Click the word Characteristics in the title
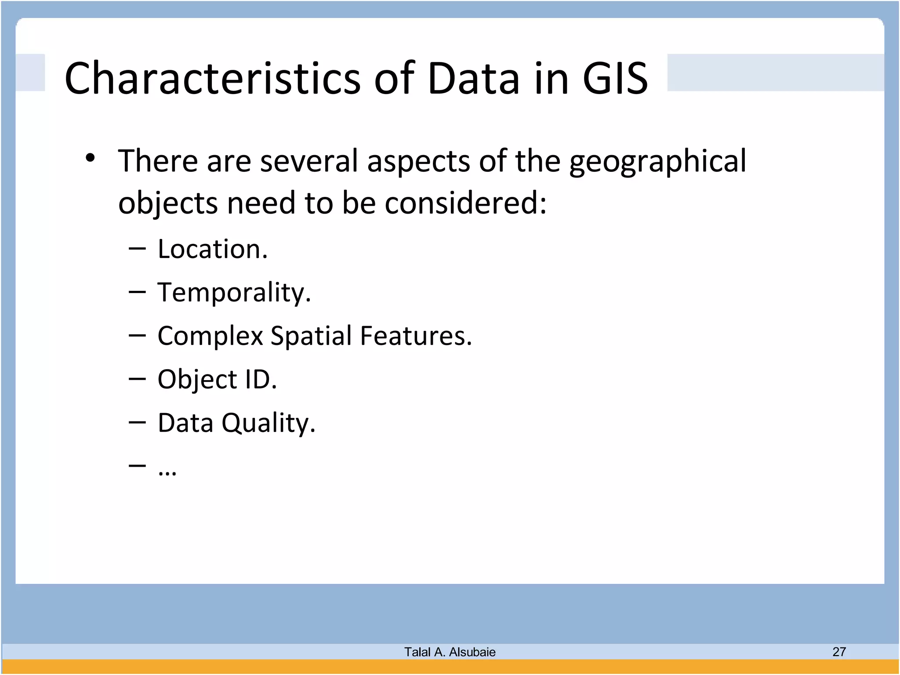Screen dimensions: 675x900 pos(212,78)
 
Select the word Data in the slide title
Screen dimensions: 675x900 pos(473,78)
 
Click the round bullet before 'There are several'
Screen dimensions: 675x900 pos(91,158)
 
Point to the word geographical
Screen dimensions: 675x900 pos(657,162)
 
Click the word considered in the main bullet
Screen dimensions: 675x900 pos(465,203)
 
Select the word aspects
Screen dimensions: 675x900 pos(418,161)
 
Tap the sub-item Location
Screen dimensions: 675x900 pos(212,249)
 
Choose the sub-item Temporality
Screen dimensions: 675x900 pos(234,293)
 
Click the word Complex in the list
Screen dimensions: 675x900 pos(210,337)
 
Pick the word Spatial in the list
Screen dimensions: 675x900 pos(311,336)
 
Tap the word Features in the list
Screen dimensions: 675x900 pos(416,336)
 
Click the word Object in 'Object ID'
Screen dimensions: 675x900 pos(197,380)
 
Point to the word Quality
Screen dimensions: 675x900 pos(268,423)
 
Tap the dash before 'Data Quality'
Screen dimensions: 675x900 pos(137,422)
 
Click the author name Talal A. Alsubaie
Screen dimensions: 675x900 pos(450,652)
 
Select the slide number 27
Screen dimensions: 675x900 pos(839,651)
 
